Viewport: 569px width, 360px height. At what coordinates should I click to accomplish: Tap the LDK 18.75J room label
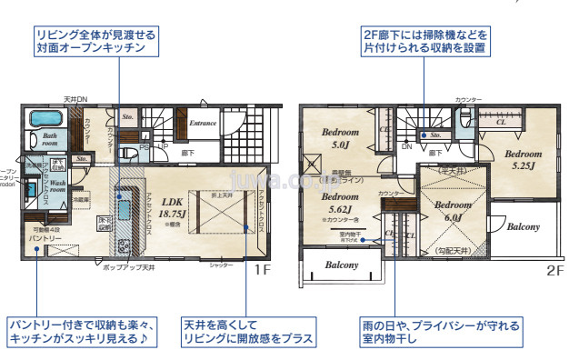pyautogui.click(x=173, y=208)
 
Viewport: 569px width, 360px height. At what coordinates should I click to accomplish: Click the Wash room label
pyautogui.click(x=56, y=186)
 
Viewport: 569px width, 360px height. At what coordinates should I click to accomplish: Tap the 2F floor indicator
pyautogui.click(x=554, y=270)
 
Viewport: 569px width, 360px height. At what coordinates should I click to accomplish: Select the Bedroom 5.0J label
pyautogui.click(x=341, y=138)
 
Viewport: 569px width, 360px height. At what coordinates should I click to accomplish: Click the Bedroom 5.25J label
pyautogui.click(x=523, y=160)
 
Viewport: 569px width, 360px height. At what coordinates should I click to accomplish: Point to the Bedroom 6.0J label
pyautogui.click(x=452, y=211)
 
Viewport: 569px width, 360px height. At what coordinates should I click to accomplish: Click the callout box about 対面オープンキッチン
pyautogui.click(x=95, y=42)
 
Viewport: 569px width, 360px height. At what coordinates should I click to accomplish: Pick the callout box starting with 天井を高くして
pyautogui.click(x=248, y=332)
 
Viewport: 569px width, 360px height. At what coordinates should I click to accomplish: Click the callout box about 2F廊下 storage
pyautogui.click(x=424, y=42)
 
